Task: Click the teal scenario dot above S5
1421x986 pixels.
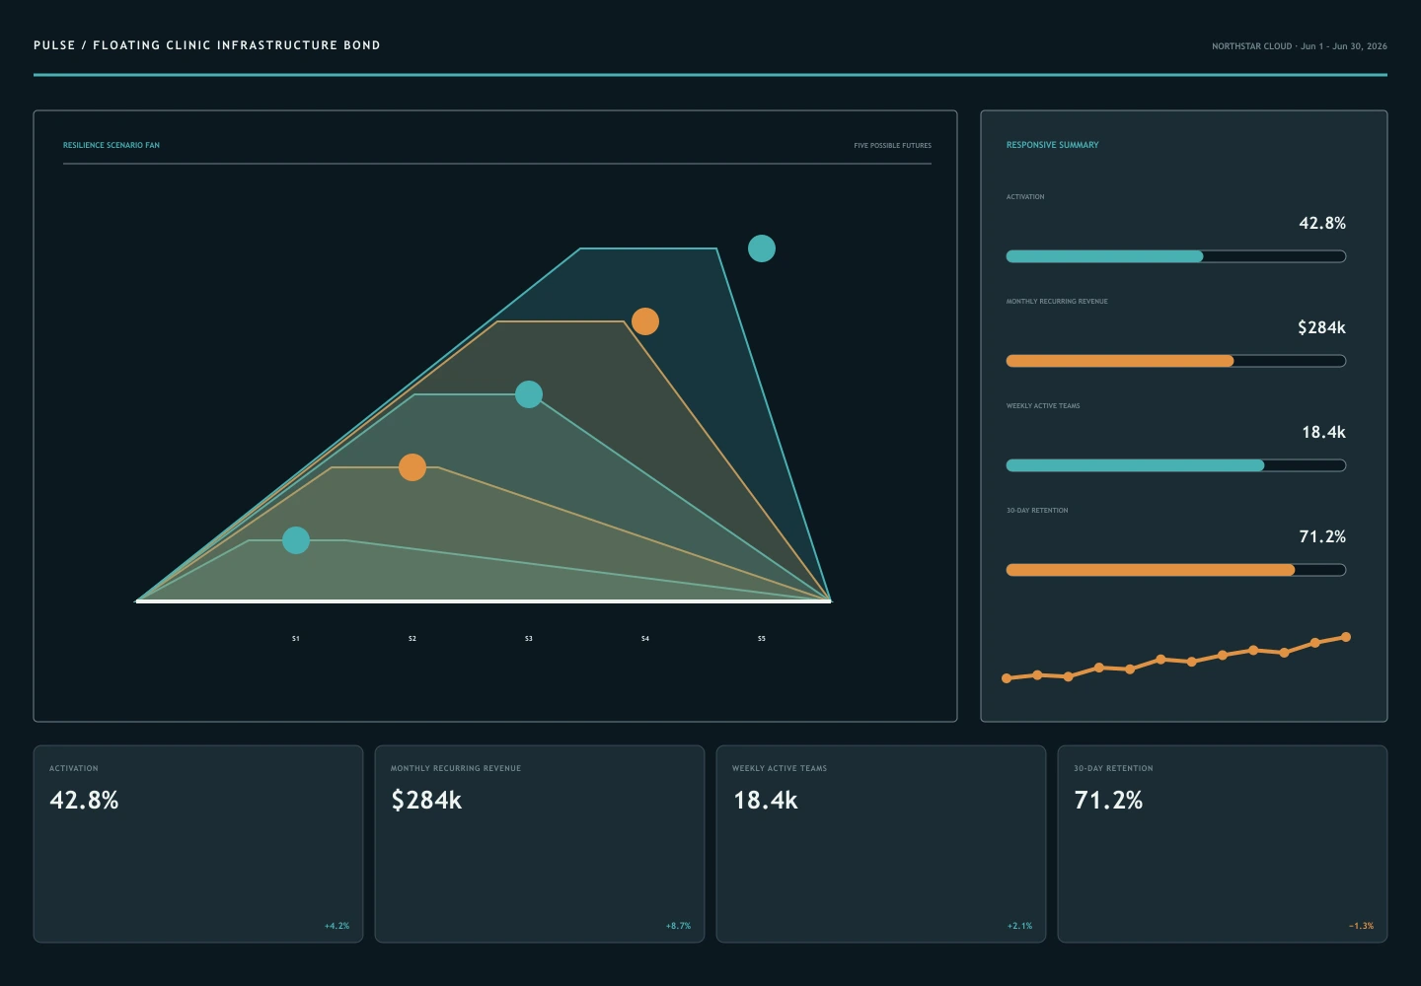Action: [x=761, y=248]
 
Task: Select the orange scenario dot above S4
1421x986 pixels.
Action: [x=645, y=321]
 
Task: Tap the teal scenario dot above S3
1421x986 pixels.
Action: [x=529, y=394]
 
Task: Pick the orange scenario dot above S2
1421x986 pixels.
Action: [x=412, y=467]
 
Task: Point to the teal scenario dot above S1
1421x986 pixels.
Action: [x=296, y=540]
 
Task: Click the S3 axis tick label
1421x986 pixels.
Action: [x=529, y=639]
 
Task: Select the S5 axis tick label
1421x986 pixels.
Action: [x=761, y=639]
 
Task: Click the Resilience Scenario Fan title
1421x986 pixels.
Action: [x=111, y=145]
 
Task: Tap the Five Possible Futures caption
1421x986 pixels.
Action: [x=892, y=146]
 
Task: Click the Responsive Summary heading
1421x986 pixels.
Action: [x=1052, y=145]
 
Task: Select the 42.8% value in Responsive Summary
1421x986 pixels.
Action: [x=1322, y=223]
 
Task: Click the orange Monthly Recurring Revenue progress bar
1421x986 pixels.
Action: [x=1120, y=361]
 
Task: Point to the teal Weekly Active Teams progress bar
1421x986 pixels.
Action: [x=1135, y=465]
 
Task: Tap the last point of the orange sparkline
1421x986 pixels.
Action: [x=1346, y=637]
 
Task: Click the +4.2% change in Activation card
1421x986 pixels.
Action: [x=337, y=926]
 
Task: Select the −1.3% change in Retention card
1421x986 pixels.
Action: [x=1362, y=926]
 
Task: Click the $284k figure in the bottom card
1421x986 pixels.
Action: [x=426, y=801]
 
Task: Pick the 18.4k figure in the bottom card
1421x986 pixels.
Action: [x=765, y=801]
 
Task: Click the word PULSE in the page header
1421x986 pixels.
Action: [x=54, y=45]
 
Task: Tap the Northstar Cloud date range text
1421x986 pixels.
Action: [x=1300, y=46]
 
